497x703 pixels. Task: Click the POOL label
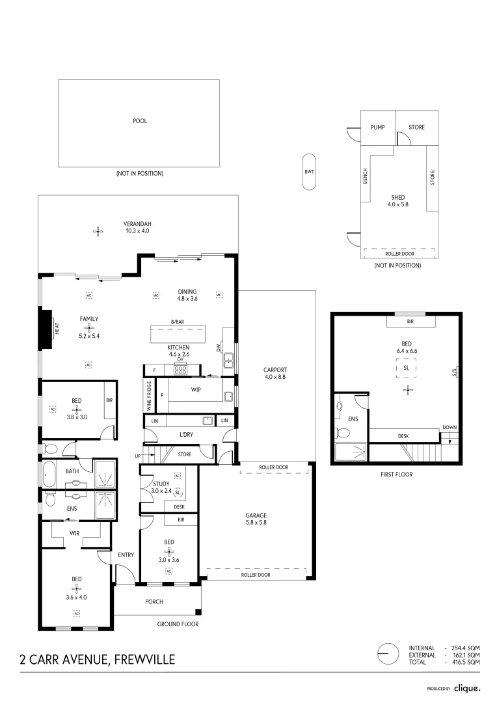pyautogui.click(x=139, y=121)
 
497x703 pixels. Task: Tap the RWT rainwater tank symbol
pyautogui.click(x=309, y=172)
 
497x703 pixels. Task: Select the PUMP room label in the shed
pyautogui.click(x=378, y=127)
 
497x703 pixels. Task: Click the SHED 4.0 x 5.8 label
pyautogui.click(x=397, y=201)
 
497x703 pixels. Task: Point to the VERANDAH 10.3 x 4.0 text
pyautogui.click(x=137, y=227)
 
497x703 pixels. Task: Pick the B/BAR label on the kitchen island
pyautogui.click(x=178, y=322)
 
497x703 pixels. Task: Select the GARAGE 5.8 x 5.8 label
pyautogui.click(x=256, y=519)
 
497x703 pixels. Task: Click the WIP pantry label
pyautogui.click(x=195, y=390)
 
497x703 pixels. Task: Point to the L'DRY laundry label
pyautogui.click(x=186, y=434)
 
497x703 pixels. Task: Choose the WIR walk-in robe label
pyautogui.click(x=75, y=532)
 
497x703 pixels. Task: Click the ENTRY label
pyautogui.click(x=126, y=555)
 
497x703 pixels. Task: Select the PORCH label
pyautogui.click(x=154, y=601)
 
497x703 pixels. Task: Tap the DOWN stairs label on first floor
pyautogui.click(x=450, y=428)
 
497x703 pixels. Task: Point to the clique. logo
pyautogui.click(x=467, y=687)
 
